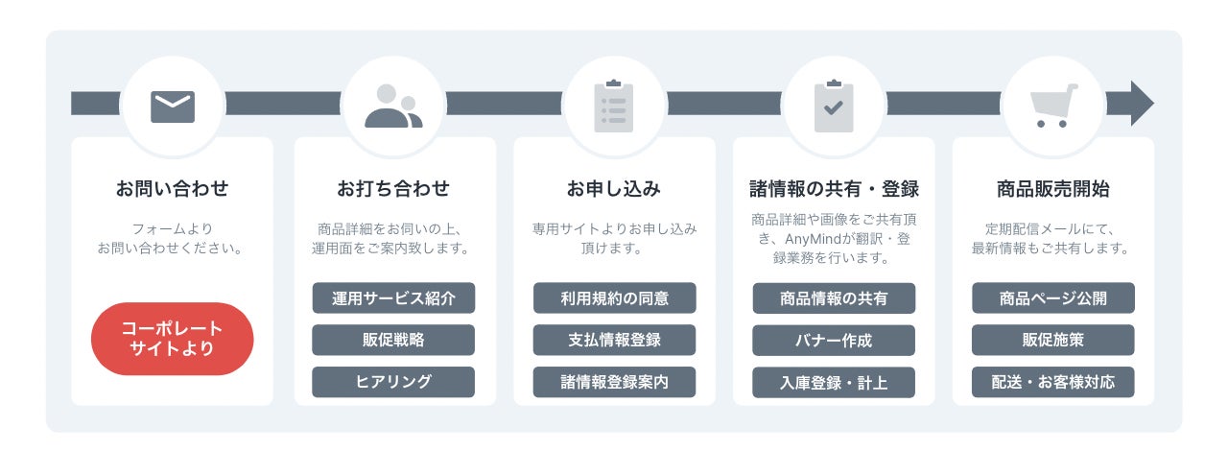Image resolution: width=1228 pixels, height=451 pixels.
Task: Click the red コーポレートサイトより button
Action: [x=172, y=339]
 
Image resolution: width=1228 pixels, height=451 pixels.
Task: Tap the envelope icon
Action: [x=173, y=107]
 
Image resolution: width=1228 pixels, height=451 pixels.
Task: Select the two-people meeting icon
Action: [x=393, y=106]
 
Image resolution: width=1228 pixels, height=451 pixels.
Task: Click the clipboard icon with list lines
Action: [x=614, y=106]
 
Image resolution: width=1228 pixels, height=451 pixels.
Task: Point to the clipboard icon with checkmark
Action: [x=834, y=106]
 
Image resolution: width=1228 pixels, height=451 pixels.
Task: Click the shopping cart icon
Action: [x=1053, y=106]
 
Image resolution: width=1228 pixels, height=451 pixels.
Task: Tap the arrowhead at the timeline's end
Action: [x=1142, y=103]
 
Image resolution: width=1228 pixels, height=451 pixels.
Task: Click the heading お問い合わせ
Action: [x=172, y=188]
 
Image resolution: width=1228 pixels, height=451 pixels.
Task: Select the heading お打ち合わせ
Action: [x=393, y=188]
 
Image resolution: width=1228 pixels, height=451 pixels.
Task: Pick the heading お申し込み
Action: [x=614, y=188]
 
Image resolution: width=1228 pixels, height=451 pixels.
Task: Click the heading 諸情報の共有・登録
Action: [x=834, y=188]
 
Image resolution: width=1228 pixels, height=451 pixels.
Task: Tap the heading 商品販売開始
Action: [x=1053, y=188]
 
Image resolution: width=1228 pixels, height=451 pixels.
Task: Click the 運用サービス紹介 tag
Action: [x=393, y=297]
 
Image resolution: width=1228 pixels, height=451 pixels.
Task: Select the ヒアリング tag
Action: [x=393, y=382]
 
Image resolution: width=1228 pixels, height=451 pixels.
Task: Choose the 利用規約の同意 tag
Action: [x=615, y=297]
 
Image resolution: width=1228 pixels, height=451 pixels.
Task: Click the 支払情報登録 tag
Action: [x=615, y=340]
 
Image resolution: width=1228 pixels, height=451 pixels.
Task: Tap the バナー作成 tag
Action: [x=834, y=341]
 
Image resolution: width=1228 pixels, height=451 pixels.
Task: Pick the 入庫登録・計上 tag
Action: [x=834, y=383]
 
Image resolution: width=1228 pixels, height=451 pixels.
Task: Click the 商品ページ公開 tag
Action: [x=1053, y=297]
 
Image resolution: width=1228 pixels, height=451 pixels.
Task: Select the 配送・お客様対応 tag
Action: [x=1053, y=382]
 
